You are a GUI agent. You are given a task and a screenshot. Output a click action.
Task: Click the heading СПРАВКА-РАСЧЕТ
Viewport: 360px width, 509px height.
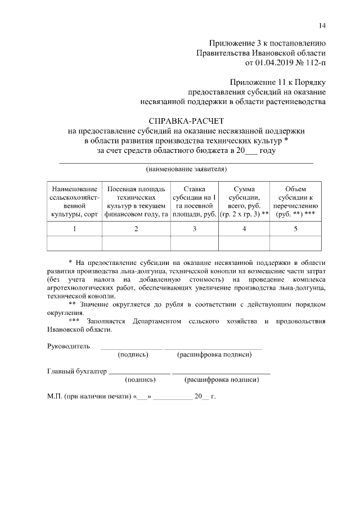coord(186,121)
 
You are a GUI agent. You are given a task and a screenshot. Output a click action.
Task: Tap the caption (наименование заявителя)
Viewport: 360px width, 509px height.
coord(186,169)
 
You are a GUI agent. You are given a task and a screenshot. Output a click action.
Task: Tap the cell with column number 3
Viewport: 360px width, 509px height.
coord(194,229)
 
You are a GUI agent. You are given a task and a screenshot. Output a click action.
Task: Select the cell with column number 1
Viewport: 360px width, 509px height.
coord(74,229)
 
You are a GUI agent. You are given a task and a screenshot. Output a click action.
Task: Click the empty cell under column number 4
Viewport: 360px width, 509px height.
coord(244,243)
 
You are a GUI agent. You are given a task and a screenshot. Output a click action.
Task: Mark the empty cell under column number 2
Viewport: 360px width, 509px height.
coord(136,243)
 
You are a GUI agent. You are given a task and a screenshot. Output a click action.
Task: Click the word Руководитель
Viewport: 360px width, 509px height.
coord(68,345)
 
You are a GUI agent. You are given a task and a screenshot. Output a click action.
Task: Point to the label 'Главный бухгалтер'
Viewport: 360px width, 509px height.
coord(76,371)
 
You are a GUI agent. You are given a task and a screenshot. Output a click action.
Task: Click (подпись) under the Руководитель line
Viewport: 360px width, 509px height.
coord(133,355)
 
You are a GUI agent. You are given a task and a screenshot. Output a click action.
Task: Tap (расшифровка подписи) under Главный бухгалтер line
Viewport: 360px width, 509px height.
coord(222,380)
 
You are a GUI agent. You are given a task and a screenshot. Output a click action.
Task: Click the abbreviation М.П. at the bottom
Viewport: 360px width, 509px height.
coord(55,396)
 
